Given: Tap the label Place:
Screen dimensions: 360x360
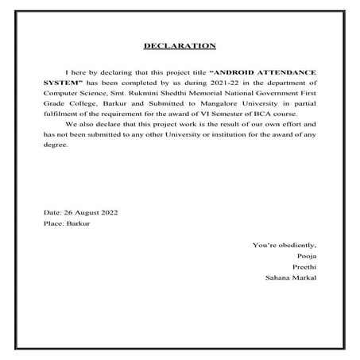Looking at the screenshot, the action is point(54,226).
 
